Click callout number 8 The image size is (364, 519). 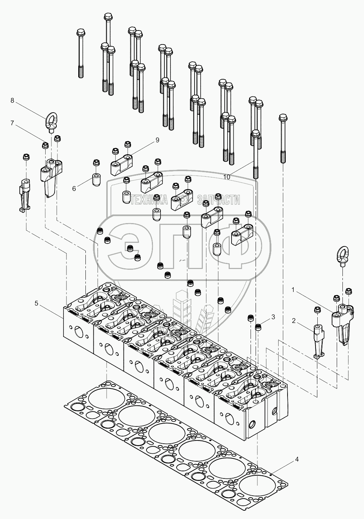[x=12, y=100]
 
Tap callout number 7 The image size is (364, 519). [x=12, y=123]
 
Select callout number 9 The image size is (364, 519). [x=157, y=140]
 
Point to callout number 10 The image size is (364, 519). [x=227, y=177]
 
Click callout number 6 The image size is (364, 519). [x=74, y=189]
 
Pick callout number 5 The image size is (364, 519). [x=36, y=303]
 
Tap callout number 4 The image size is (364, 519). [x=297, y=459]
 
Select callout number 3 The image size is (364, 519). [x=273, y=317]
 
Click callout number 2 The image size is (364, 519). [x=294, y=321]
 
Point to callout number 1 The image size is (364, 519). [x=293, y=290]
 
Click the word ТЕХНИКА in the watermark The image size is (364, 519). [x=149, y=199]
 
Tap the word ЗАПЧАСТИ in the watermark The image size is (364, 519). [x=218, y=200]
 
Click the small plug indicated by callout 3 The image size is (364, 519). [x=258, y=327]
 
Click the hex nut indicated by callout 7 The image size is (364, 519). [x=46, y=145]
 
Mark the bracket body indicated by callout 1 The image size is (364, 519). [x=342, y=325]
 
